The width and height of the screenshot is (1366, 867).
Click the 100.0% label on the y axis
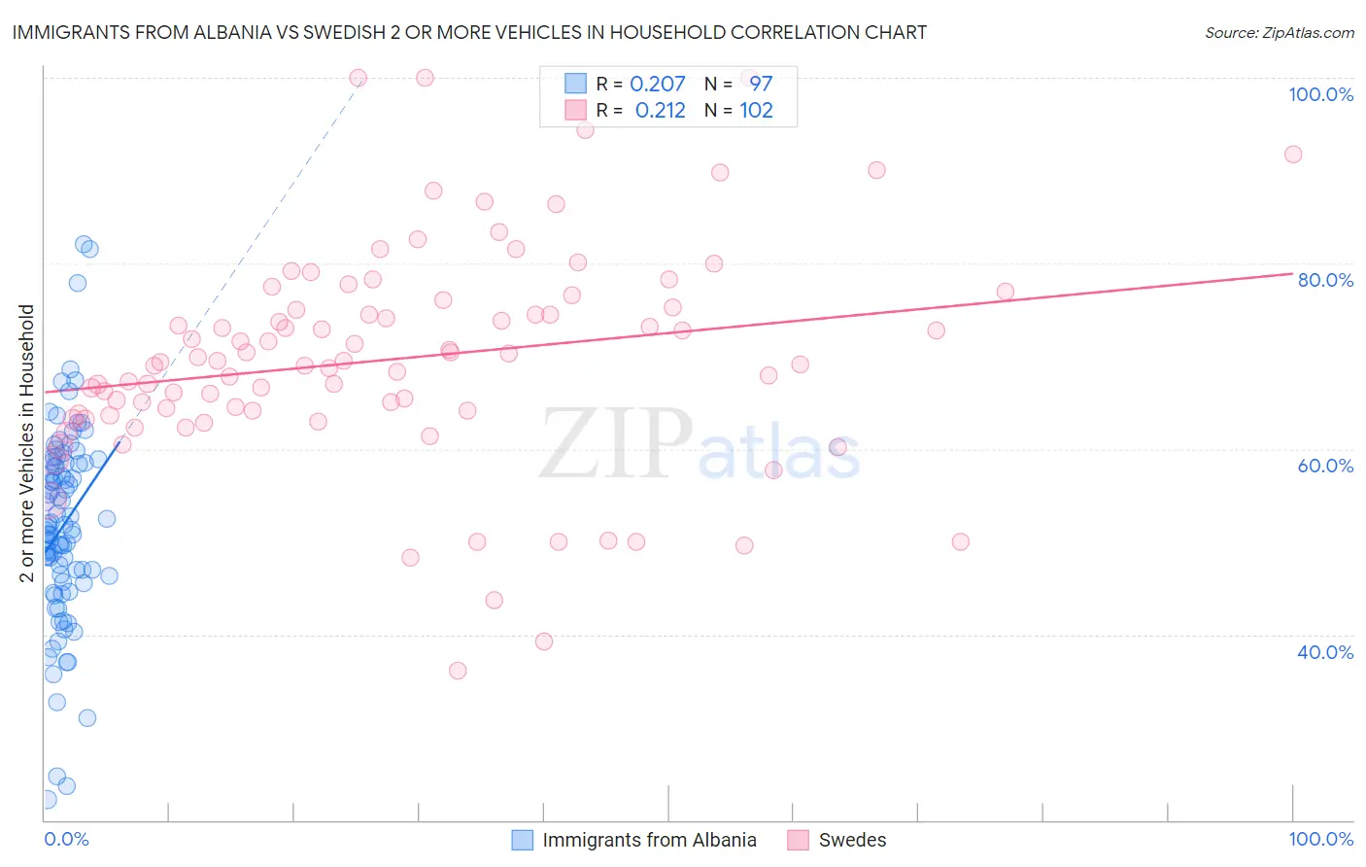point(1320,94)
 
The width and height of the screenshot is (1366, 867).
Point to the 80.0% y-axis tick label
point(1325,280)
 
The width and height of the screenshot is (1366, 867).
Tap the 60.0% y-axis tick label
point(1325,466)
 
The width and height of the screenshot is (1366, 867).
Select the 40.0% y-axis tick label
point(1325,652)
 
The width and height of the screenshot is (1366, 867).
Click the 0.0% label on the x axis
point(66,839)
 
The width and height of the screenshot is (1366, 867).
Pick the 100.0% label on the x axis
point(1320,839)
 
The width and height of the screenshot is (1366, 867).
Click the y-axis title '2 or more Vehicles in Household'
point(27,443)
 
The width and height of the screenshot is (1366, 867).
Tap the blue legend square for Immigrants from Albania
point(523,840)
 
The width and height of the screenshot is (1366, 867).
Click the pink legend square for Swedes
point(799,840)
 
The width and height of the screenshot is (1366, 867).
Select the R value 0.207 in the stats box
point(658,84)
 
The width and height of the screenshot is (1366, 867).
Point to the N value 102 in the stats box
point(756,111)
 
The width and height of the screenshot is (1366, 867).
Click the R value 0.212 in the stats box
point(660,111)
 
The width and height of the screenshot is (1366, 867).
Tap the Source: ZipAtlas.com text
point(1279,32)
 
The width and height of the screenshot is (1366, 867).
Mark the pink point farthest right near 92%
point(1293,155)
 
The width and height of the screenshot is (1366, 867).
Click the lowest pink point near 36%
point(458,671)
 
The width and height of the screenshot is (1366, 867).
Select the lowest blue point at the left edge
point(47,800)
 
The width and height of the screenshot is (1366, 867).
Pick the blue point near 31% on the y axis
point(87,718)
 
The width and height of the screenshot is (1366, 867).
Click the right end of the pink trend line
point(1292,273)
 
